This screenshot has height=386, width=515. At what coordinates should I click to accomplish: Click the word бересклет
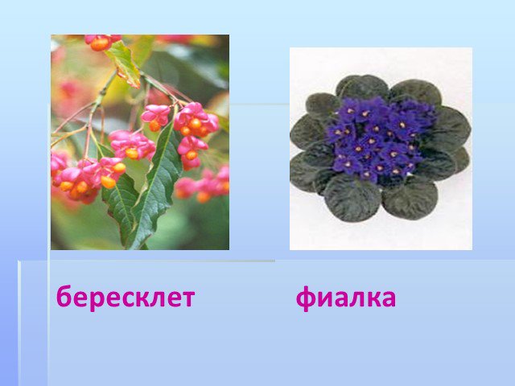(126, 297)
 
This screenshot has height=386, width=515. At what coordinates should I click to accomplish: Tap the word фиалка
(346, 298)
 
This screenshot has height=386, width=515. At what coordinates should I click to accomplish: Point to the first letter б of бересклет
(64, 296)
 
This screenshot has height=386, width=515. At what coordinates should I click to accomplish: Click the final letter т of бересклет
(187, 298)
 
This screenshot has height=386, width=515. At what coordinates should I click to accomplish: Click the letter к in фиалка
(374, 298)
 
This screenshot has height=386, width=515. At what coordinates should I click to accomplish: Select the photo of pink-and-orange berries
(140, 142)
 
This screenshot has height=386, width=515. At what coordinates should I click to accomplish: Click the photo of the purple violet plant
(381, 149)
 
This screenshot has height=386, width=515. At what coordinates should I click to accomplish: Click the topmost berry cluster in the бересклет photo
(101, 43)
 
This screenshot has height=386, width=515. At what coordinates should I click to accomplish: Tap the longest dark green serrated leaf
(154, 184)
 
